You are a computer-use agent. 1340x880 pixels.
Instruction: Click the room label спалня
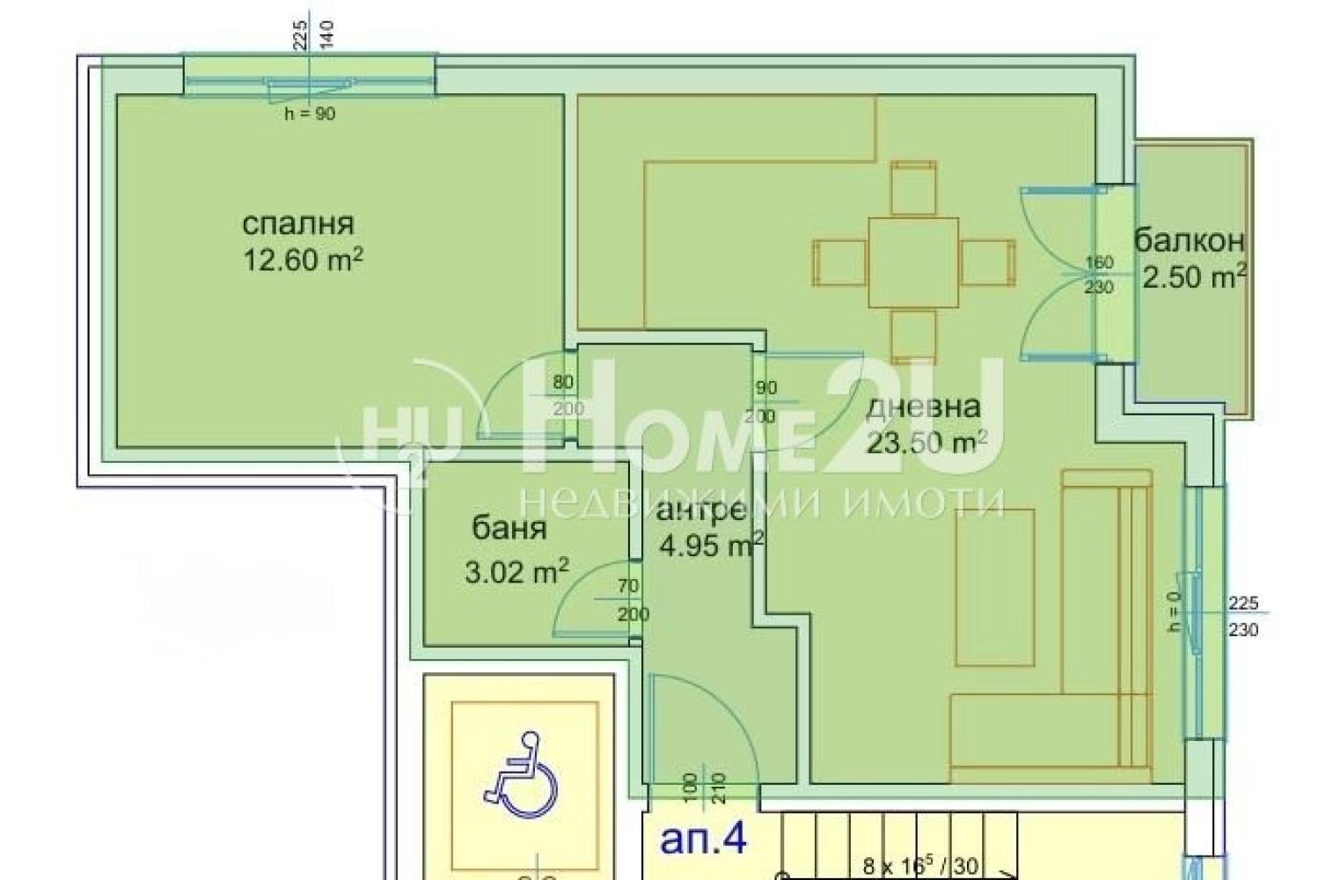(297, 224)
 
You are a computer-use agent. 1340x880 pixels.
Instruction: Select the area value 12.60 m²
(304, 261)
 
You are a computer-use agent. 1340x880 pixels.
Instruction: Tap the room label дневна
(923, 407)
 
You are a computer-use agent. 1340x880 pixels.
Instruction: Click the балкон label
(1189, 240)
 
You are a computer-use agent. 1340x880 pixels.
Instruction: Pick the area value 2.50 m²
(1194, 277)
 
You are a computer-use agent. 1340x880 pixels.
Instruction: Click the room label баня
(509, 528)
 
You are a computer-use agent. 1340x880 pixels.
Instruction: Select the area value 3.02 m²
(516, 573)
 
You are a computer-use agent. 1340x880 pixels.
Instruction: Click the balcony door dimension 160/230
(1099, 275)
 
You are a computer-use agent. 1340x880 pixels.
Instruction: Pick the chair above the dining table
(912, 187)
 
